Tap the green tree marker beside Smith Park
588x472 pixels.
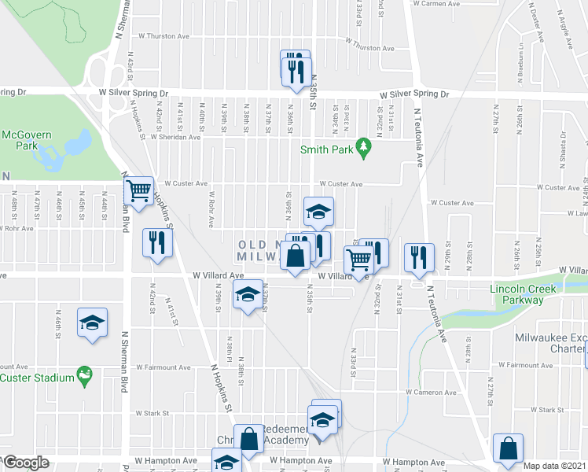(x=363, y=146)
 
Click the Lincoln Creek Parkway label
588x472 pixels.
(x=523, y=293)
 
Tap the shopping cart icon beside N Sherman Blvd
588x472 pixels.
(x=138, y=190)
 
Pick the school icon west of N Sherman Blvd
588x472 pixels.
(x=92, y=323)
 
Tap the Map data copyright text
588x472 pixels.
(x=556, y=466)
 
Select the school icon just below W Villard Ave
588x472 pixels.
(x=248, y=295)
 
